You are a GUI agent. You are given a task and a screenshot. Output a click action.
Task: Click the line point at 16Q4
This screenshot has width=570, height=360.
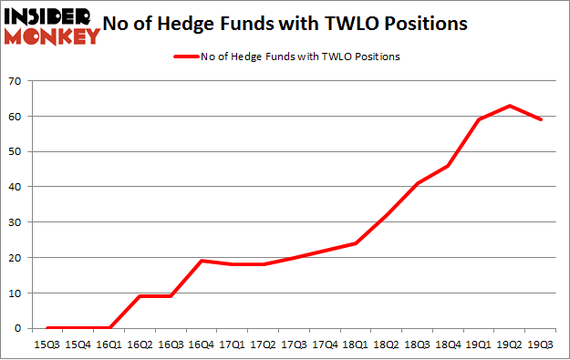coord(201,261)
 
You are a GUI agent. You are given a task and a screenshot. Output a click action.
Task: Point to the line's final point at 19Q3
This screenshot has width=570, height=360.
coord(542,120)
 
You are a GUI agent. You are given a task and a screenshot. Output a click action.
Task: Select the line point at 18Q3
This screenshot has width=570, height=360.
coord(418,183)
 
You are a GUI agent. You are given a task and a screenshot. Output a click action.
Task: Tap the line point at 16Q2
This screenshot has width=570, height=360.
coord(140,296)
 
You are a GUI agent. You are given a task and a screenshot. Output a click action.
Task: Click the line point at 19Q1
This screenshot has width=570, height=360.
coord(480,120)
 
